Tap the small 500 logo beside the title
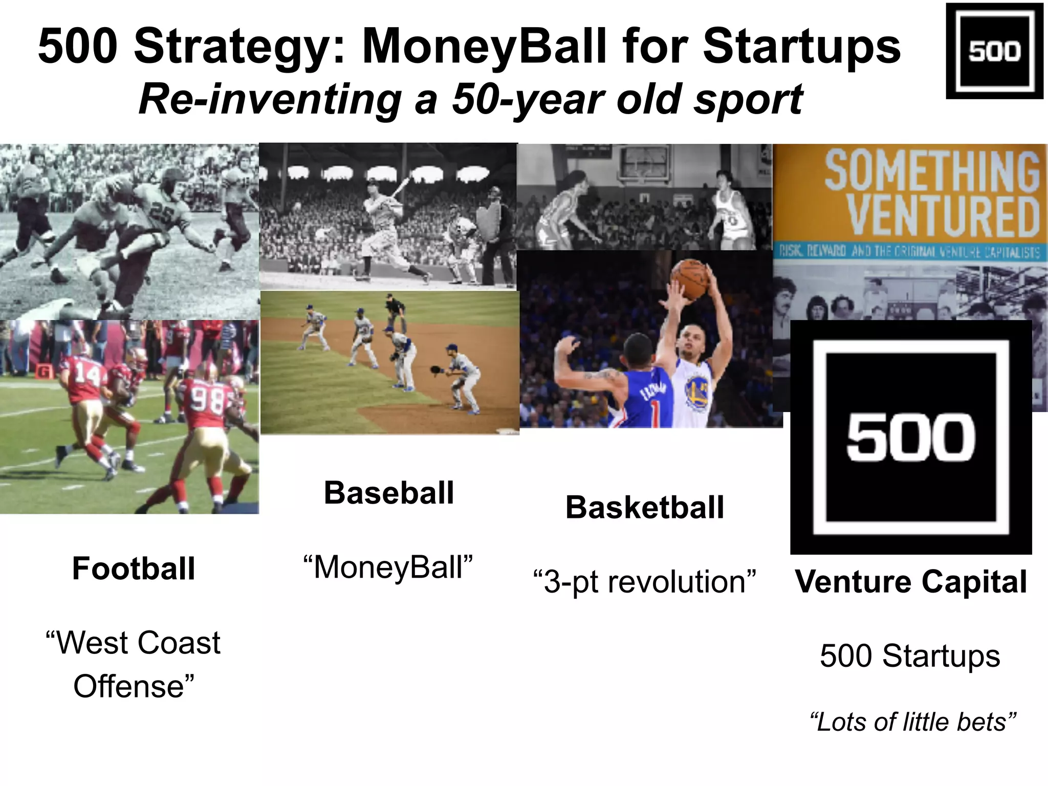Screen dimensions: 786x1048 [x=994, y=51]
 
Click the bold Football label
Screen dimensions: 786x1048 [x=134, y=569]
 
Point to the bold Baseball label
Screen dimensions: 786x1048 [x=389, y=493]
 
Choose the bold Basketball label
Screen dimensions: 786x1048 [x=644, y=508]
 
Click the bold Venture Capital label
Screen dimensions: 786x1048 [x=910, y=582]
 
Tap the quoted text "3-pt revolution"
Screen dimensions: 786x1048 [x=644, y=582]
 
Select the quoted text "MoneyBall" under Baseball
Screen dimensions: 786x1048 [x=388, y=567]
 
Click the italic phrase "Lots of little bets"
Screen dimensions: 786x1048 [x=912, y=722]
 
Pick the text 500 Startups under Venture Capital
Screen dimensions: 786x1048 [x=909, y=656]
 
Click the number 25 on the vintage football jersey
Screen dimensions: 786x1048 [x=162, y=214]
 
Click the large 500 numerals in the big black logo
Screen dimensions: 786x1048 [x=910, y=438]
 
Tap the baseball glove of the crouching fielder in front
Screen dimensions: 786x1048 [x=435, y=369]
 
